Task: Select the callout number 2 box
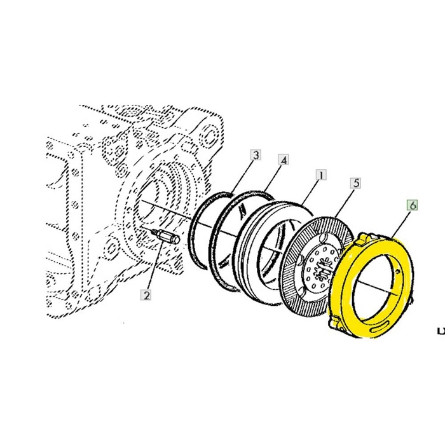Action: click(146, 294)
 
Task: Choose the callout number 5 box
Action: click(356, 182)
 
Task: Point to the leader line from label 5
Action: click(346, 202)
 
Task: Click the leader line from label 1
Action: click(311, 190)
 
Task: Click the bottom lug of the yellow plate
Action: click(335, 323)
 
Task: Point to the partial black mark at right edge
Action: click(441, 330)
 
